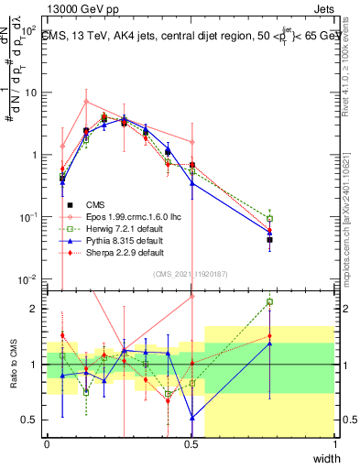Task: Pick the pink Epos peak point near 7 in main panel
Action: pos(86,101)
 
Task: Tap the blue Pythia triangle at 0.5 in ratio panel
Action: pos(191,417)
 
